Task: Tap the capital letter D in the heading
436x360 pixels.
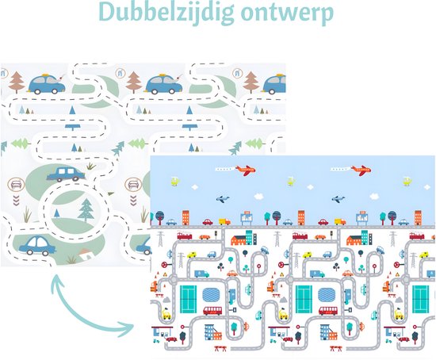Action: pyautogui.click(x=107, y=12)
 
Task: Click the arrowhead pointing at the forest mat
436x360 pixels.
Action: pyautogui.click(x=56, y=281)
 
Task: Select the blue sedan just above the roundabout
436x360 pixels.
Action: pyautogui.click(x=66, y=174)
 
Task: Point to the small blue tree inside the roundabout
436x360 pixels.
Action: pyautogui.click(x=57, y=213)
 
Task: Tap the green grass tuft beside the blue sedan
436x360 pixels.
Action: pyautogui.click(x=90, y=166)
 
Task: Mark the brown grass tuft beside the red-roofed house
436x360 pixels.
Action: pyautogui.click(x=71, y=259)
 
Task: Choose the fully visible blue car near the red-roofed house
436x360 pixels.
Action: pyautogui.click(x=37, y=245)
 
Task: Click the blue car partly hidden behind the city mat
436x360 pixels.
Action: pyautogui.click(x=143, y=247)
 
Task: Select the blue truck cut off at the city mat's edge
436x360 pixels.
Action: pyautogui.click(x=431, y=274)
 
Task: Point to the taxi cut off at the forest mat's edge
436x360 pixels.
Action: pyautogui.click(x=274, y=83)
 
